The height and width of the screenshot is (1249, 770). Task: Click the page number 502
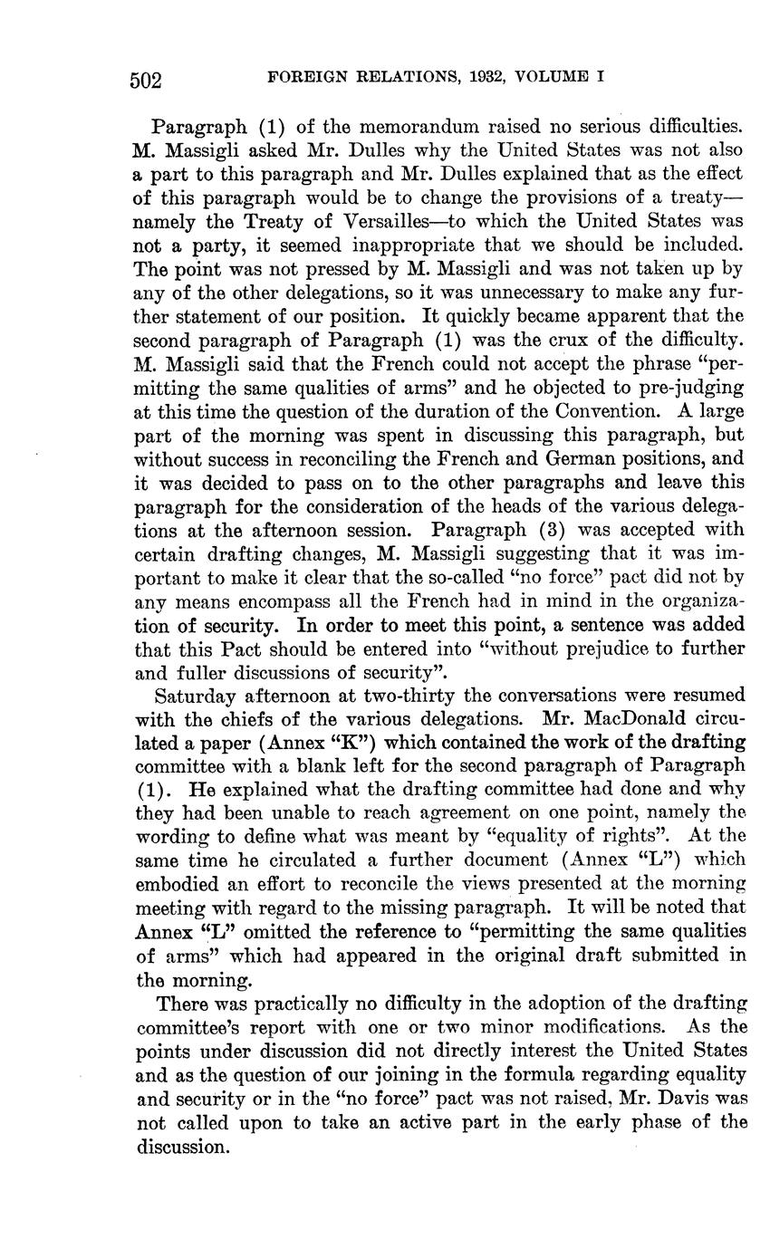click(x=145, y=81)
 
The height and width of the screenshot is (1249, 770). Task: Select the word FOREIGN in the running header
click(x=303, y=78)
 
